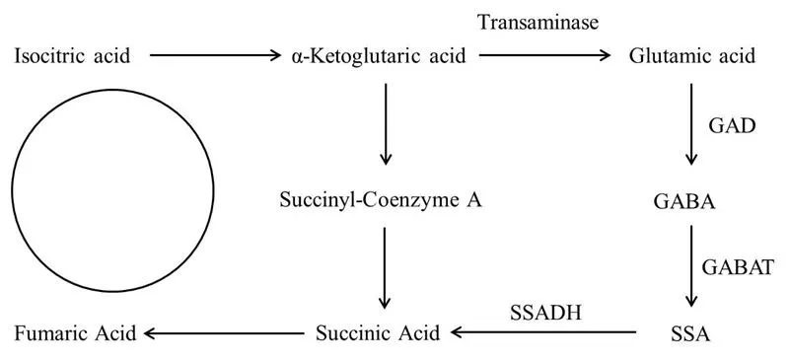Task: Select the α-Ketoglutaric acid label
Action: point(380,56)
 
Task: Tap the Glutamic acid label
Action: point(692,56)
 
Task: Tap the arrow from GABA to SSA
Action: point(691,266)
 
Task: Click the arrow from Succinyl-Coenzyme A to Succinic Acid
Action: point(386,266)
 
